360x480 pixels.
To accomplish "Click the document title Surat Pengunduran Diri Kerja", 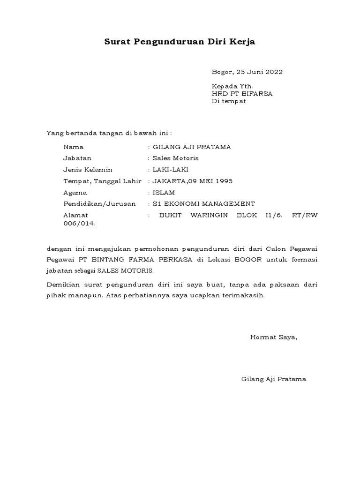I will (180, 42).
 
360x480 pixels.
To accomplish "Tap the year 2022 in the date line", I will (274, 72).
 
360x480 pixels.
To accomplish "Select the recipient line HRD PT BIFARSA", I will (242, 94).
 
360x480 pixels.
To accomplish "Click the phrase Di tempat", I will (229, 101).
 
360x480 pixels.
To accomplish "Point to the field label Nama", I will (74, 147).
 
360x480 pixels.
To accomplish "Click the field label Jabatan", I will (77, 158).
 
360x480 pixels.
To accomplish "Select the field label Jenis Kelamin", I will (88, 170).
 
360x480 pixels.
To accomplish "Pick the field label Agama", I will (75, 193).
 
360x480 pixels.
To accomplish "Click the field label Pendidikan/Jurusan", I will (99, 204).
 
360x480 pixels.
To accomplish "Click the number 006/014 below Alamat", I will (79, 224).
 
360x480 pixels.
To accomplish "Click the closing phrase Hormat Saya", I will (274, 337).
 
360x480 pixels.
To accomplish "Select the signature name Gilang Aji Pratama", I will (273, 379).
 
